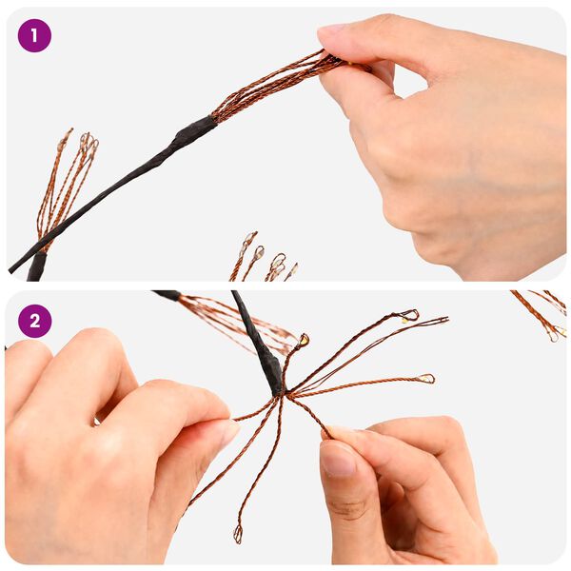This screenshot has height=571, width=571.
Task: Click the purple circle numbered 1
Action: (34, 36)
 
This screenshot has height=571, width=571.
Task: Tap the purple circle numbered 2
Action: (34, 322)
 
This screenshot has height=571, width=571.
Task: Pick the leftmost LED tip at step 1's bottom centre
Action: (249, 238)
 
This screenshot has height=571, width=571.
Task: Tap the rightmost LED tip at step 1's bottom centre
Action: (293, 269)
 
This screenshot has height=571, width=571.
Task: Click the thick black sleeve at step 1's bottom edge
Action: (37, 266)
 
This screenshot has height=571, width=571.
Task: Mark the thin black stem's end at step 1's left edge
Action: (10, 269)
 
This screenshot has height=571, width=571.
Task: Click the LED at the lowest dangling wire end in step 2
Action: (238, 534)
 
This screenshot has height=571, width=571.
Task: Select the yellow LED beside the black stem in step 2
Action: (305, 340)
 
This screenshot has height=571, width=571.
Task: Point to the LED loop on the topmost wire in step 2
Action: (410, 315)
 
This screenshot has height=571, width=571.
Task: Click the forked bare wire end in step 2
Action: (442, 321)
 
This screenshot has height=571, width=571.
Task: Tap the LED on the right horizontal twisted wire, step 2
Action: (427, 379)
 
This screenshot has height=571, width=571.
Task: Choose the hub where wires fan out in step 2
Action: (284, 393)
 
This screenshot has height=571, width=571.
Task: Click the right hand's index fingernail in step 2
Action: (339, 460)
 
